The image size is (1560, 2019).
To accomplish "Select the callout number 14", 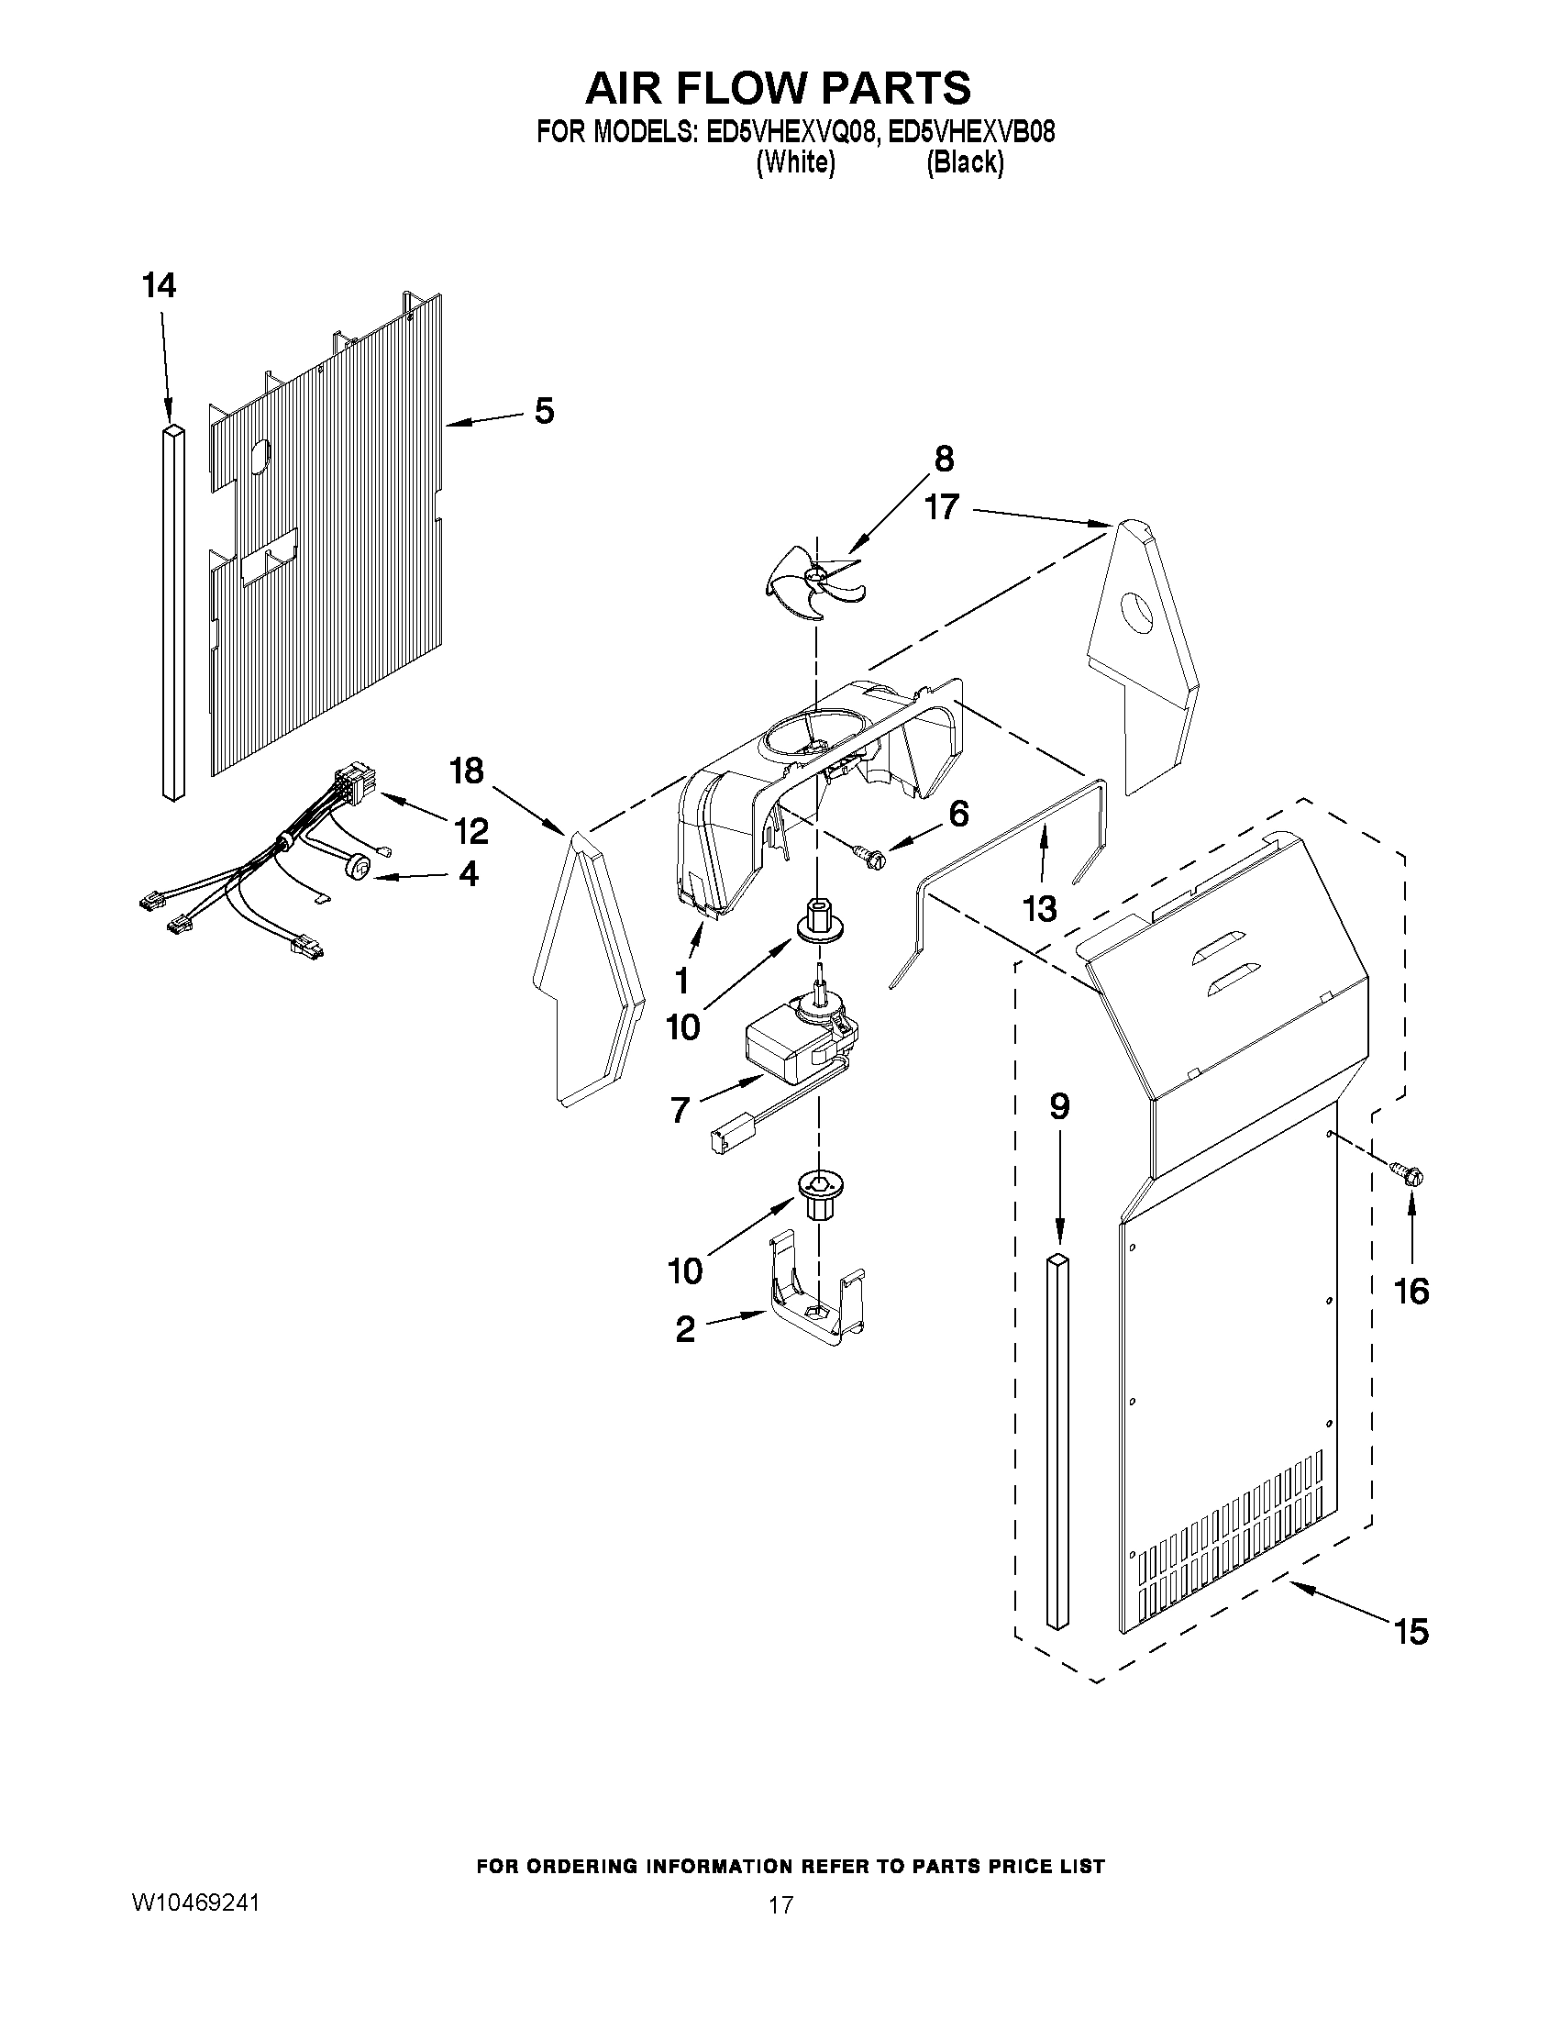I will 159,286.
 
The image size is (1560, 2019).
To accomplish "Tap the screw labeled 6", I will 870,857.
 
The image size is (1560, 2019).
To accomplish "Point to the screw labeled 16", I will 1411,1175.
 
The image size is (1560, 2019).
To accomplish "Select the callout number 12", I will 471,831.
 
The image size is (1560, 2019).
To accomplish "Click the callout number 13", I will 1040,909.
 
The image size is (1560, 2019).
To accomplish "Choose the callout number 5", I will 545,410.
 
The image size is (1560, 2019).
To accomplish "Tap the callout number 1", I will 682,978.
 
